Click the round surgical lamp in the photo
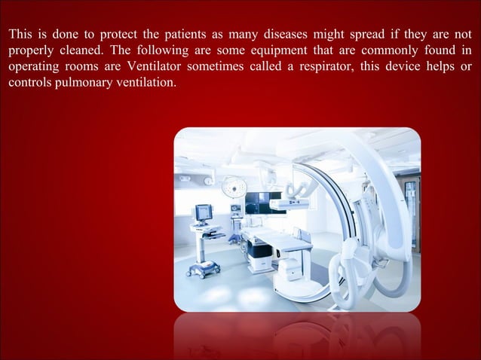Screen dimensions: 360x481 234,188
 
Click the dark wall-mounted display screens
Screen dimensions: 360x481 259,201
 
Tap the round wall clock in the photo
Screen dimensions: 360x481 209,180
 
